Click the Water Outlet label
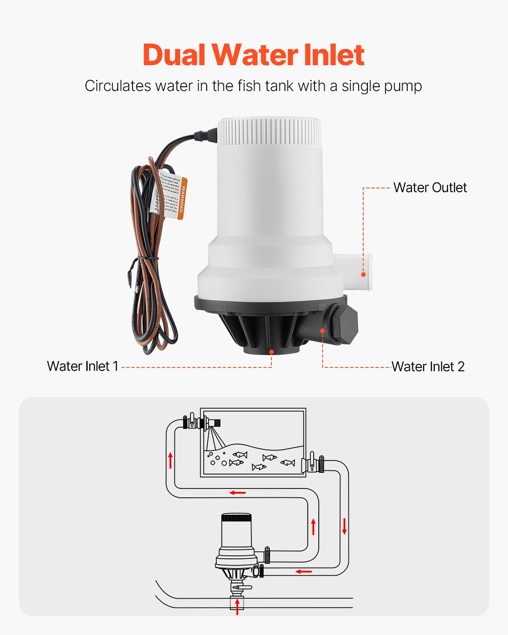[430, 188]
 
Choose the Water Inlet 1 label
[83, 366]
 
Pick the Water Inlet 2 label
[428, 367]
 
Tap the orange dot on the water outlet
[363, 274]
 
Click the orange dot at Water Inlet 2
[323, 331]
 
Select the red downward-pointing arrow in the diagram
[344, 526]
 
